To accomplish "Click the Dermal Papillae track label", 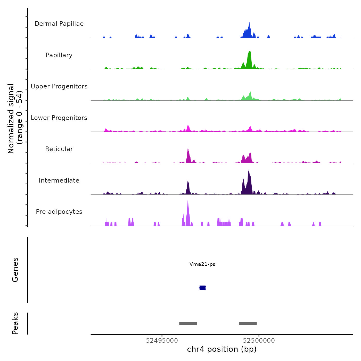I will tap(59, 24).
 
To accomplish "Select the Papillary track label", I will tap(59, 55).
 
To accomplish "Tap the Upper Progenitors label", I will tap(59, 86).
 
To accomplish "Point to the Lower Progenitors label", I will tap(59, 118).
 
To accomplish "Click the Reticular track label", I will tap(59, 149).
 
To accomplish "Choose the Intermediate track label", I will tap(59, 180).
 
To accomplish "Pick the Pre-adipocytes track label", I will tap(59, 212).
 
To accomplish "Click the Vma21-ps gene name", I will tap(202, 264).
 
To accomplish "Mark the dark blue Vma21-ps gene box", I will tap(203, 288).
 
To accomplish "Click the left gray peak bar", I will tap(188, 324).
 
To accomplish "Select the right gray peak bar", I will tap(248, 324).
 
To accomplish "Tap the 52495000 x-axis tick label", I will tap(162, 341).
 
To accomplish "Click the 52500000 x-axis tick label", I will tap(259, 341).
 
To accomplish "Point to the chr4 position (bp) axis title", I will tap(222, 349).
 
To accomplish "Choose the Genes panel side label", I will tap(15, 270).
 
